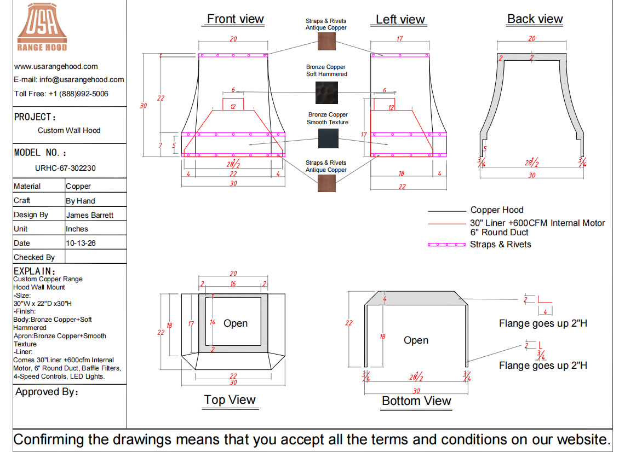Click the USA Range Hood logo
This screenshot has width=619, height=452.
click(42, 27)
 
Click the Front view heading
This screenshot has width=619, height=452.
click(236, 19)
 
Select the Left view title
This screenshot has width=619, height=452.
click(400, 19)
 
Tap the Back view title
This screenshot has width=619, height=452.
click(535, 19)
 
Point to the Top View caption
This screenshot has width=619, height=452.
click(230, 399)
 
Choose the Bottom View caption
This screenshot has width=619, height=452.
click(416, 401)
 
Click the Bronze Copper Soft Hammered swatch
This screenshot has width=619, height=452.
click(327, 92)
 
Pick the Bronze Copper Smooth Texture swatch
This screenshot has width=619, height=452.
click(328, 138)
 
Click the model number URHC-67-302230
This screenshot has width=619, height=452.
click(65, 168)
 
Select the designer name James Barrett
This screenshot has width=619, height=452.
click(90, 215)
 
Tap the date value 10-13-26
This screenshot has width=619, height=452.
click(81, 243)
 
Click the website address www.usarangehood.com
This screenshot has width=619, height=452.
click(56, 66)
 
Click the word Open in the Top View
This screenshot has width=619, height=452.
click(236, 323)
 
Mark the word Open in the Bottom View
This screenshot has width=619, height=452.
click(416, 340)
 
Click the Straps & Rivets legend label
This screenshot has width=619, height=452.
click(500, 245)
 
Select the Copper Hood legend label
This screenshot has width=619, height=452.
click(497, 210)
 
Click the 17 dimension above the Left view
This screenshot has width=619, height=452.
click(399, 39)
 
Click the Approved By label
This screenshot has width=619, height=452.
click(47, 392)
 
